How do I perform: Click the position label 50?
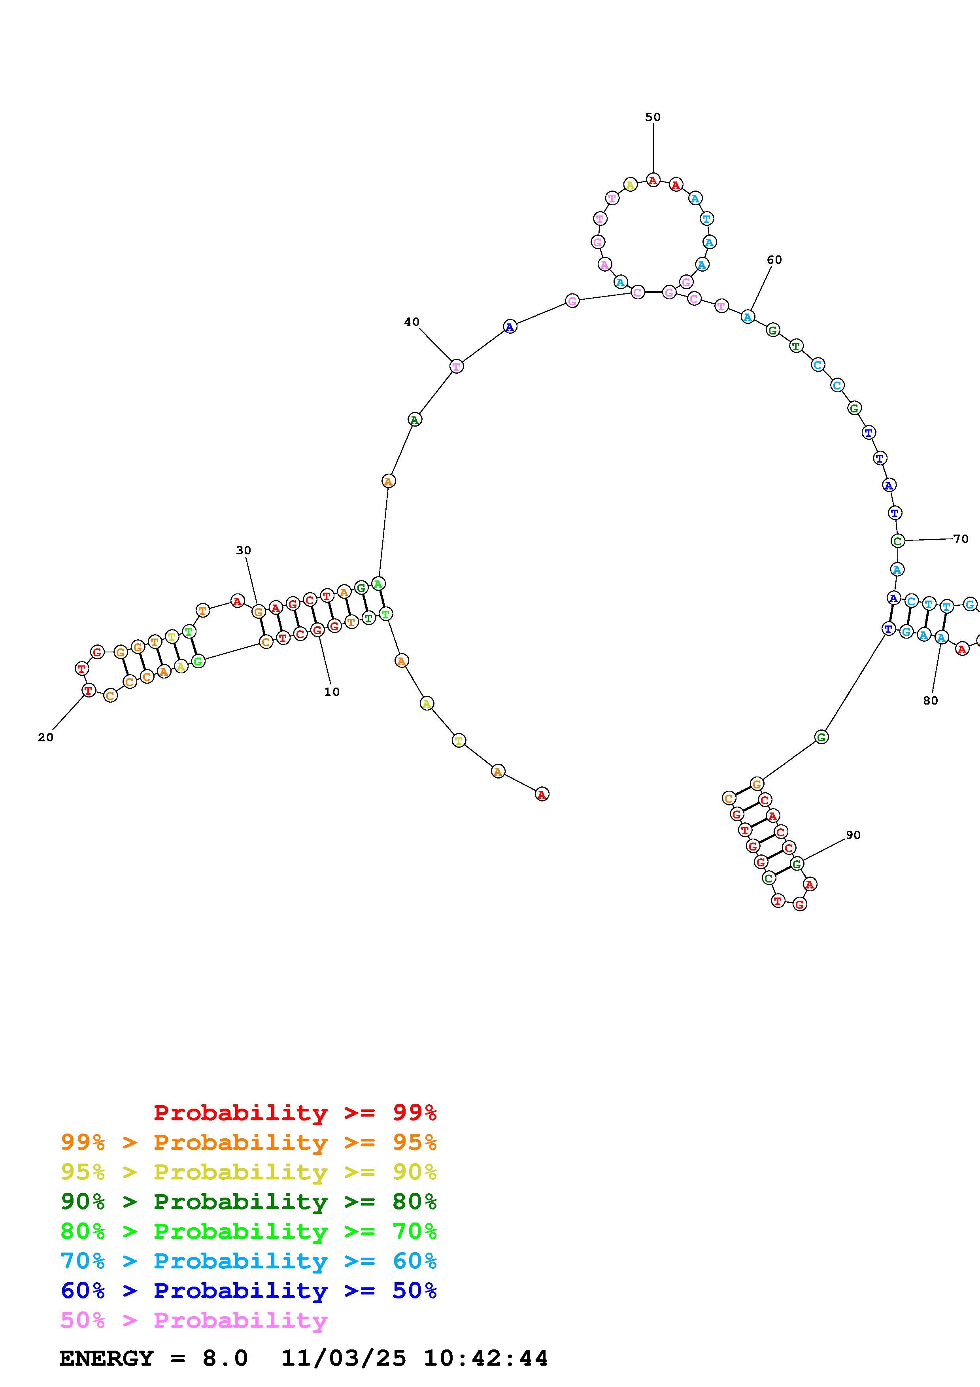653,117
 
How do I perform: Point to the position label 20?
46,738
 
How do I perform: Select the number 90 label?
853,835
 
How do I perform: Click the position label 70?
961,539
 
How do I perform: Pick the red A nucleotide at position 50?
653,180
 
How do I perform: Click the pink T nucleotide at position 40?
457,366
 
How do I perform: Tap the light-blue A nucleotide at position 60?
748,317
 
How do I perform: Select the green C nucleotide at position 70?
898,540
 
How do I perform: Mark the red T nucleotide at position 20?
89,690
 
